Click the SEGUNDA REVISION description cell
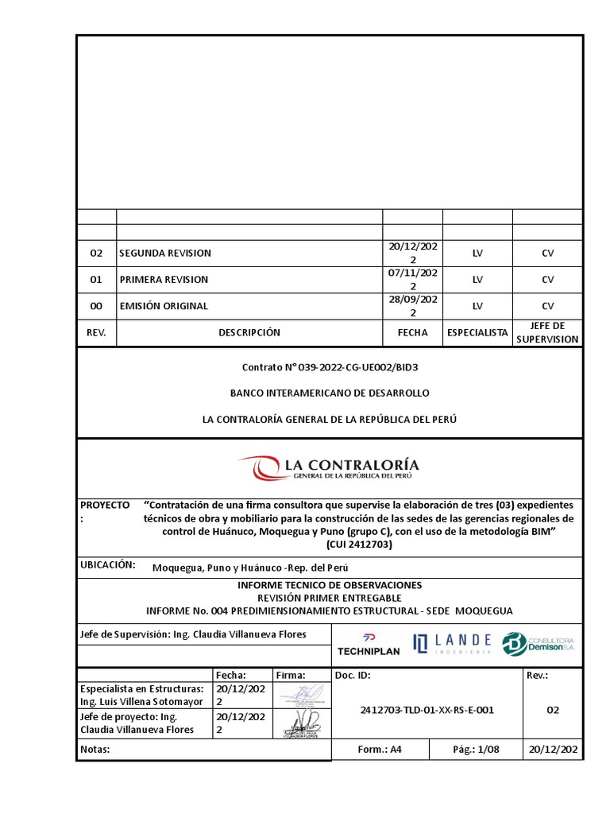165,254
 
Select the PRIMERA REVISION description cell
164,280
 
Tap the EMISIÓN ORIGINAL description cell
164,306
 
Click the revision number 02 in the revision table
96,254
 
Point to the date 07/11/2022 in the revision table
412,280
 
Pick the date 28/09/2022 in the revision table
412,306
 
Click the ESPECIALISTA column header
477,333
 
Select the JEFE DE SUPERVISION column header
547,333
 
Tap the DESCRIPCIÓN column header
249,333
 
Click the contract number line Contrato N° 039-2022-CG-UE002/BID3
330,367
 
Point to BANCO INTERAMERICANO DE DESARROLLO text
330,393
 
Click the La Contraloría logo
329,467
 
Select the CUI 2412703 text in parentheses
358,545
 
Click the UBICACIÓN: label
107,565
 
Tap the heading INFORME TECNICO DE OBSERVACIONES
330,585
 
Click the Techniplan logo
369,644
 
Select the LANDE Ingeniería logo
452,643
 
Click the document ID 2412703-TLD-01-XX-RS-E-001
427,710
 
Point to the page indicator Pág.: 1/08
476,749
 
